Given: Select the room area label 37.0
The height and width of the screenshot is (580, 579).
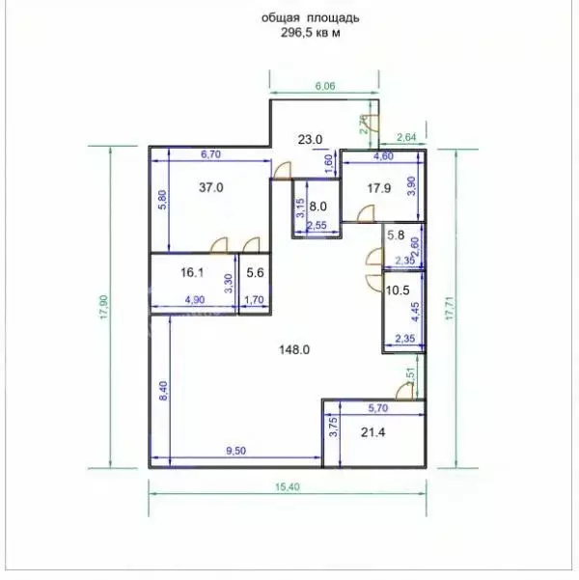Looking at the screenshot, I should click(211, 188).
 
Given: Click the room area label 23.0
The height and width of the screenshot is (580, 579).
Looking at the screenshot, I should click(309, 140).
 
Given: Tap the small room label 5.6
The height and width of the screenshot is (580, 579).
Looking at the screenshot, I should click(256, 273).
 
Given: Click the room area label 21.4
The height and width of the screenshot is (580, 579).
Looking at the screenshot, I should click(372, 432).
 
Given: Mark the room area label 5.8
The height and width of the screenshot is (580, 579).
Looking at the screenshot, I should click(396, 235).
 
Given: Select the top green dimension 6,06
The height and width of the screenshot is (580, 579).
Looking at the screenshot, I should click(325, 86).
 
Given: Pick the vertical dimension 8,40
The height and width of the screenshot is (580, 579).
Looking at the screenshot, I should click(164, 390).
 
